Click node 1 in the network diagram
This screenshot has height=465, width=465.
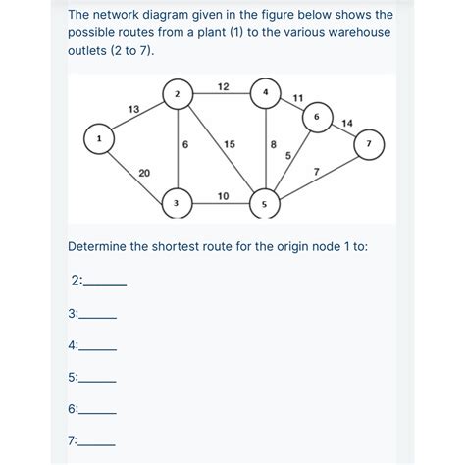point(99,138)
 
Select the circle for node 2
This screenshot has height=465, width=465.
point(178,94)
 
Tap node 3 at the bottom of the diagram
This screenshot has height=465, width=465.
point(177,203)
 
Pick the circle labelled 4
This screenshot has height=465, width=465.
point(266,93)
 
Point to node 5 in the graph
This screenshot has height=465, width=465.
point(265,204)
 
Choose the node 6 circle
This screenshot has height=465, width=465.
point(317,117)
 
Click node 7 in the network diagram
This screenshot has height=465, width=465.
point(369,144)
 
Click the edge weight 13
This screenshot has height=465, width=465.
point(133,109)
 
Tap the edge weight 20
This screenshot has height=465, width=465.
point(144,173)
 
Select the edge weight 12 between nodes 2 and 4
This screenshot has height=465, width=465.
point(224,87)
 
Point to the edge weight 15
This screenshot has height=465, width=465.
point(230,144)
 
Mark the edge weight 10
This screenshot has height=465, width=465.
point(223,196)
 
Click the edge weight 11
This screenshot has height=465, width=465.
point(298,98)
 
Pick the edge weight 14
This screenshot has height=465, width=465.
point(347,124)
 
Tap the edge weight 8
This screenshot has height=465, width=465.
point(274,144)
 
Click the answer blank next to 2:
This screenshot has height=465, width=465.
point(105,285)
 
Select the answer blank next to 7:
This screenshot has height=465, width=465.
point(96,445)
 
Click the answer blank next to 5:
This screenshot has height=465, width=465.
point(97,382)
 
